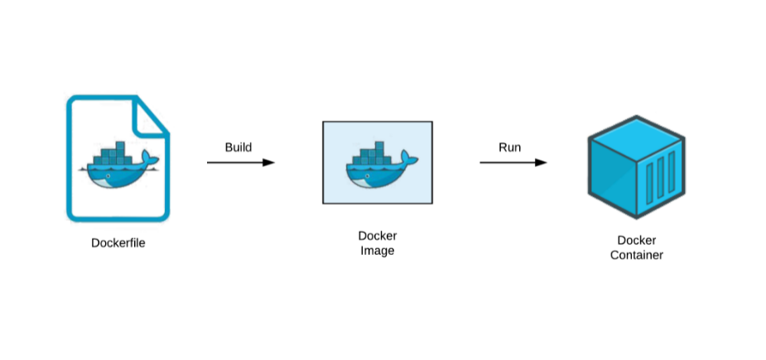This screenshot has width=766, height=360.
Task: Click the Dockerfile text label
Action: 118,243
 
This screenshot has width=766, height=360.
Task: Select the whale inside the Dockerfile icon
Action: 117,166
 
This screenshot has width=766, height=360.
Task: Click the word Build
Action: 238,147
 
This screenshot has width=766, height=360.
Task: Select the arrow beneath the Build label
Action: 240,163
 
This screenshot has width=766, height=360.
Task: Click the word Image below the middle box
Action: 377,251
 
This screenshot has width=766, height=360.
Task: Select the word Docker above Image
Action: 377,236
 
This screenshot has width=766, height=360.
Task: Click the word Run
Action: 509,147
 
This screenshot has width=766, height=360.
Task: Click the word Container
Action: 636,255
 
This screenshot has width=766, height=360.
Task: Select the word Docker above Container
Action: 636,240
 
